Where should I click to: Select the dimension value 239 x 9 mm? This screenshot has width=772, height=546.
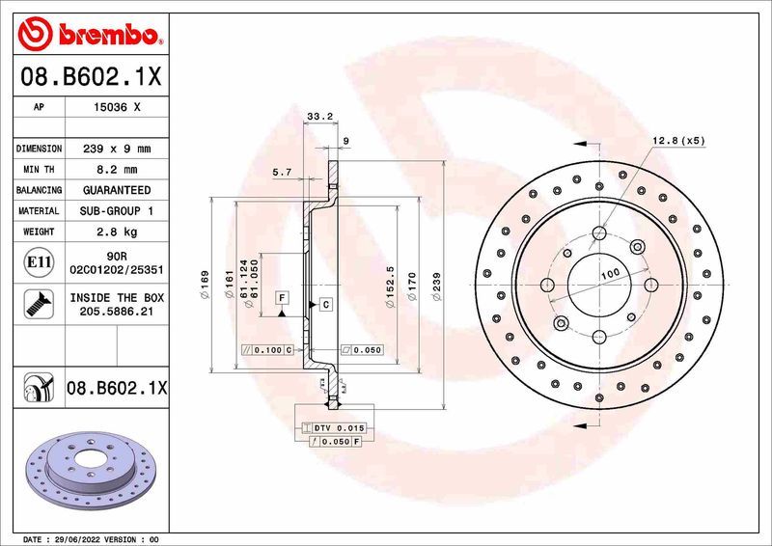click(x=116, y=150)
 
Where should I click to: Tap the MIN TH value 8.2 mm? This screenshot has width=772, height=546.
click(x=116, y=170)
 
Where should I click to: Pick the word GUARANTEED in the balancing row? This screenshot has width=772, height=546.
click(x=116, y=190)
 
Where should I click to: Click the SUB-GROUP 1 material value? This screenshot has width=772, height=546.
click(x=116, y=210)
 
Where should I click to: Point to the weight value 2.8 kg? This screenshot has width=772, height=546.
click(x=116, y=232)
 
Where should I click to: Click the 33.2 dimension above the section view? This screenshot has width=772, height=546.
click(x=319, y=117)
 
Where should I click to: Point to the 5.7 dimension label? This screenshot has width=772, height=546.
click(x=283, y=172)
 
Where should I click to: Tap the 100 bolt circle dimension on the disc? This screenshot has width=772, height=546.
click(x=610, y=275)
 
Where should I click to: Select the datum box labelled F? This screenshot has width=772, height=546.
click(x=282, y=298)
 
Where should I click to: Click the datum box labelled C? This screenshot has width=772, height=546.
click(x=325, y=305)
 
